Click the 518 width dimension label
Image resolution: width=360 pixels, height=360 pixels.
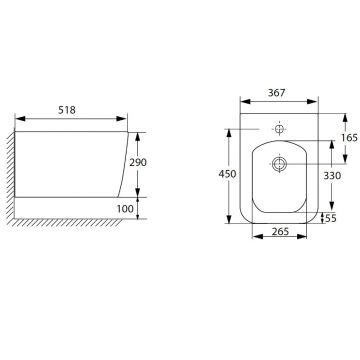(67, 110)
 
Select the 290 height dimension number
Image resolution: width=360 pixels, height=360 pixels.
(138, 163)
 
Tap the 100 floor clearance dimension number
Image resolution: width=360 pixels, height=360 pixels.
(125, 209)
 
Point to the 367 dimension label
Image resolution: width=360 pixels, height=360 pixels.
(277, 93)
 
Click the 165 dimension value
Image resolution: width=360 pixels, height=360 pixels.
(349, 138)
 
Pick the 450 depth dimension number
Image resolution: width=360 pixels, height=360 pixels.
(227, 174)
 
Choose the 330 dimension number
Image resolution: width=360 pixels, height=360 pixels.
(332, 175)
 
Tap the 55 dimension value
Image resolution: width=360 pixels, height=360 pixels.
(331, 218)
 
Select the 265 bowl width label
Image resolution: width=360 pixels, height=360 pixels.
(280, 231)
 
